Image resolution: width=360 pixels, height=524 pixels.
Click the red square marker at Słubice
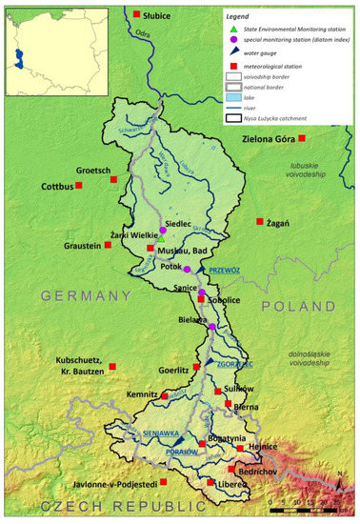tap(137, 14)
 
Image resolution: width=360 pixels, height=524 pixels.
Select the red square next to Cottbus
tap(85, 187)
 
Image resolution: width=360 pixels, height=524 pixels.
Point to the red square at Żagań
tap(260, 222)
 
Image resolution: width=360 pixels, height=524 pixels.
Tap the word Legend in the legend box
tap(242, 18)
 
